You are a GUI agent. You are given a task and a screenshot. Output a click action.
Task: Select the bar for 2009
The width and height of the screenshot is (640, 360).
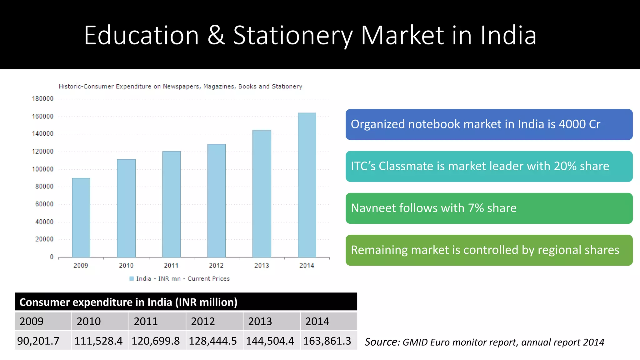(x=81, y=217)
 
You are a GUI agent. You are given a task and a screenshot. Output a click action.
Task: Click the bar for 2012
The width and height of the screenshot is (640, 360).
(x=217, y=201)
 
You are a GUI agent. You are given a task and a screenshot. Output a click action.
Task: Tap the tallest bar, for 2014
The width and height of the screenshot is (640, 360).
(x=307, y=185)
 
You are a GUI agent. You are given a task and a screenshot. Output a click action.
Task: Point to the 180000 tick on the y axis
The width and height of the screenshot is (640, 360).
(x=43, y=99)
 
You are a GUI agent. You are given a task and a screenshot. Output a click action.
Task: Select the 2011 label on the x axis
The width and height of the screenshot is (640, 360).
(x=171, y=266)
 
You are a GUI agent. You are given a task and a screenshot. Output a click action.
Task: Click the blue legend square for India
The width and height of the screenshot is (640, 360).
(x=132, y=278)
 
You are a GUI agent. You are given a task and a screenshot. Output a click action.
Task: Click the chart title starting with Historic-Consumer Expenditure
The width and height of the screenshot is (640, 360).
(x=180, y=87)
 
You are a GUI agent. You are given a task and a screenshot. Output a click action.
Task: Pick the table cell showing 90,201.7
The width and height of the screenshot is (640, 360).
(x=38, y=341)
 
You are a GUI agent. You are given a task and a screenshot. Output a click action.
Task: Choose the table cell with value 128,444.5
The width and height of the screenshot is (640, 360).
(x=213, y=341)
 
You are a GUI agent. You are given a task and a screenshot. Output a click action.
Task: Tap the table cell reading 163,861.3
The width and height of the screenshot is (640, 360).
(x=327, y=341)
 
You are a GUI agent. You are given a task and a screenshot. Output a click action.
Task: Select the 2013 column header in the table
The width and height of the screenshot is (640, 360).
(x=260, y=322)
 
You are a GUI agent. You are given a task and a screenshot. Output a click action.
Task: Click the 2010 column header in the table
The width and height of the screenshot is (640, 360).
(x=89, y=322)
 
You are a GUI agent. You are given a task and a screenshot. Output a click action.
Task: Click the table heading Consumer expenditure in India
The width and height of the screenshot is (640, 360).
(x=128, y=302)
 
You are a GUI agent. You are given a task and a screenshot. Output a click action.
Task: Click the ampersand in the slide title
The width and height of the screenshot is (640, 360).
(x=216, y=35)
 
